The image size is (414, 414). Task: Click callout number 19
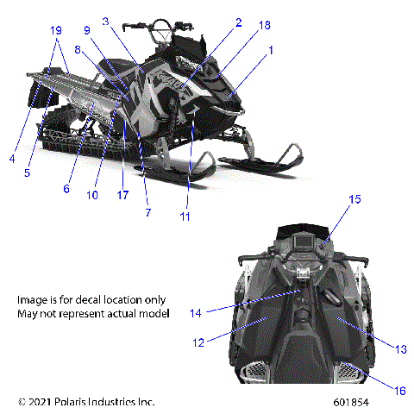click(56, 30)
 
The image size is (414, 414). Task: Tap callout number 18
click(105, 21)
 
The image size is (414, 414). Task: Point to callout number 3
click(13, 158)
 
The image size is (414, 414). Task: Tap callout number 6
click(66, 188)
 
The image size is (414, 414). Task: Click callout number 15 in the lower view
click(354, 224)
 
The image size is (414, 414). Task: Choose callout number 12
click(199, 343)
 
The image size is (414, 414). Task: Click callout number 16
click(399, 391)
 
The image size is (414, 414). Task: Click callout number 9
click(87, 31)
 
